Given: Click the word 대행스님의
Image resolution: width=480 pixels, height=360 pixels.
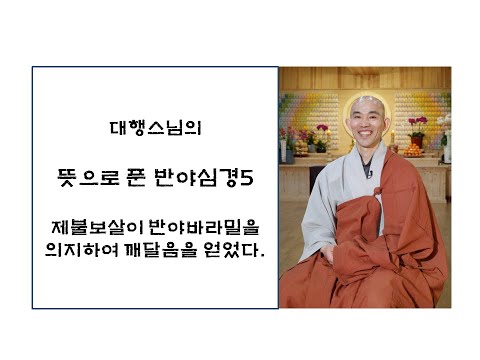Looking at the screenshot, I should pos(155,128).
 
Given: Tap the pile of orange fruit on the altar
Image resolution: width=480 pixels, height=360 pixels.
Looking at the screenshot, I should pos(412,149).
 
